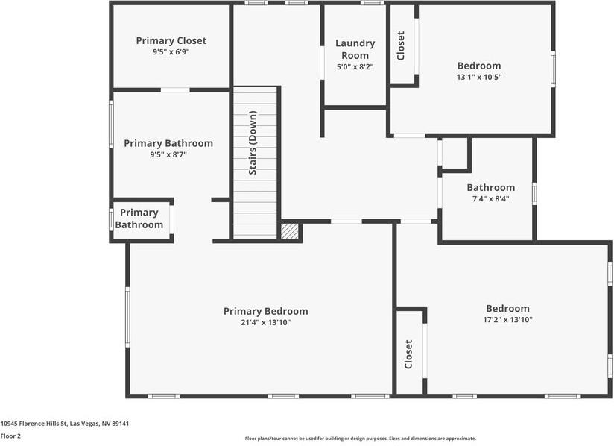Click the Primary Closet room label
(171, 40)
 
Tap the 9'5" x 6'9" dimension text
(171, 52)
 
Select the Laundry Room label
(355, 49)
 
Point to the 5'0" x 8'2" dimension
(355, 67)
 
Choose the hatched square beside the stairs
(290, 230)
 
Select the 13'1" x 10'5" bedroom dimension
(479, 77)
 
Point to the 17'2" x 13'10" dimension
(507, 319)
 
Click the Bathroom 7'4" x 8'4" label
(490, 187)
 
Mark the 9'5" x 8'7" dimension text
(168, 154)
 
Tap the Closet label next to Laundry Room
(401, 45)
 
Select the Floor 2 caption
(10, 436)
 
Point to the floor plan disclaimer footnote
(360, 439)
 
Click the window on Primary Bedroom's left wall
(127, 317)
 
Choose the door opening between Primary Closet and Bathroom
(175, 90)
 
